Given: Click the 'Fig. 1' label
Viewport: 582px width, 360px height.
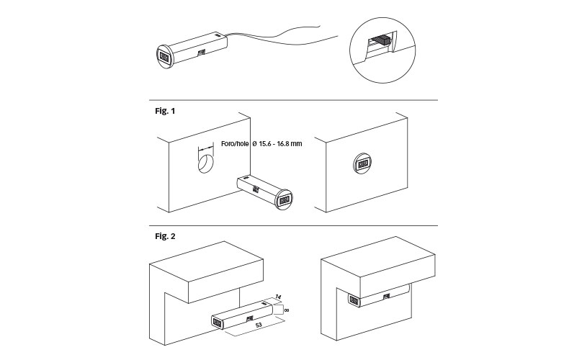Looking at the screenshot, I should pos(165,112).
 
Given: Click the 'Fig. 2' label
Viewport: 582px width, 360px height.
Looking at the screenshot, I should pos(165,235).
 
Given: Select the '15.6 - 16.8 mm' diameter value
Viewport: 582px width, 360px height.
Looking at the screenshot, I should pos(280,144).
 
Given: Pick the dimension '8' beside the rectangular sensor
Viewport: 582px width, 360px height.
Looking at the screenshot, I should pos(286,310).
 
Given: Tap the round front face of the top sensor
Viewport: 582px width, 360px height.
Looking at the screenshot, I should pos(164,56).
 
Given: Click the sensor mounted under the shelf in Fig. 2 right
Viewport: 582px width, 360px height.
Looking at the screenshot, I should pos(375,297).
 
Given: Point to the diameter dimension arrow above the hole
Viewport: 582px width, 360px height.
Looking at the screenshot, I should pos(205,145).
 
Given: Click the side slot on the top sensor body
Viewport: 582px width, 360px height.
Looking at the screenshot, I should pos(201,51).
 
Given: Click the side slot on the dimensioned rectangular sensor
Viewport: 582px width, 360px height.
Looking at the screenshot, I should pos(249,317).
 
